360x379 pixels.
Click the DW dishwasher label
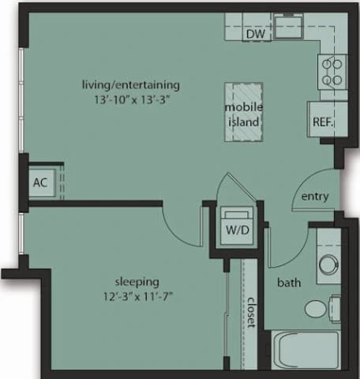point(253,34)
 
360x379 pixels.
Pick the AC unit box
point(39,182)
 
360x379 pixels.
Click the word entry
point(309,197)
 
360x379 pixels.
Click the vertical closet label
point(250,313)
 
